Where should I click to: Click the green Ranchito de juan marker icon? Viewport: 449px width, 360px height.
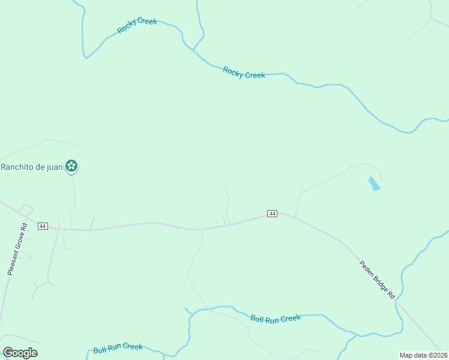71,166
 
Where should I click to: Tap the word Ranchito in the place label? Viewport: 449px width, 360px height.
18,167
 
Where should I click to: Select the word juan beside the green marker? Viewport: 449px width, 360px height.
54,167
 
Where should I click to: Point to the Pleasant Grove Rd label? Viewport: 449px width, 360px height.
17,250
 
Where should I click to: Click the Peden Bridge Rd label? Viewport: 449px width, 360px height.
377,279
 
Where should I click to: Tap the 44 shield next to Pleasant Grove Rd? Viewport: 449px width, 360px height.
42,226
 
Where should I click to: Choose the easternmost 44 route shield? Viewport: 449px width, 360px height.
272,214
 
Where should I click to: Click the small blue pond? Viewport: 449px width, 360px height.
374,184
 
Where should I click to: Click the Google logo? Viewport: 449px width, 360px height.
20,353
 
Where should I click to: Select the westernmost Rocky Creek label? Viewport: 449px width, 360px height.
137,26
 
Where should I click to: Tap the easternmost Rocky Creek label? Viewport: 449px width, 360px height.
244,73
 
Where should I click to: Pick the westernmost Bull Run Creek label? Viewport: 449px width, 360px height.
118,347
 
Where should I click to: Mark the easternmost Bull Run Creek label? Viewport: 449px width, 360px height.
276,319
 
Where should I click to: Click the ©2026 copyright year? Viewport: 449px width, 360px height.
438,355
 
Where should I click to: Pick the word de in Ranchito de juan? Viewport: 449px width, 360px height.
40,167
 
